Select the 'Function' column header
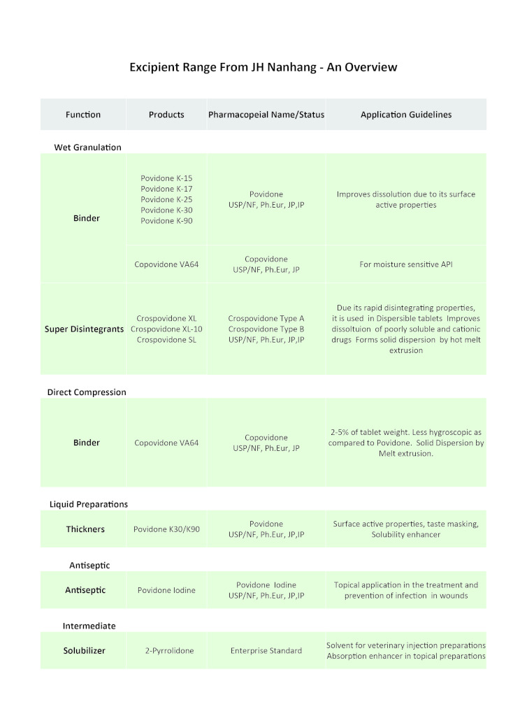pyautogui.click(x=83, y=115)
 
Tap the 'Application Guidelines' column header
pyautogui.click(x=405, y=115)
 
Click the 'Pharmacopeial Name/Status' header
pyautogui.click(x=266, y=115)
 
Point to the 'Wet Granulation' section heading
pyautogui.click(x=87, y=148)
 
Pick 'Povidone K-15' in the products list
pyautogui.click(x=166, y=178)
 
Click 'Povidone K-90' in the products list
pyautogui.click(x=166, y=221)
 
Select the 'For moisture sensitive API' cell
pyautogui.click(x=405, y=265)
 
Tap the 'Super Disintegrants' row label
pyautogui.click(x=85, y=329)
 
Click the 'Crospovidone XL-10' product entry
pyautogui.click(x=166, y=329)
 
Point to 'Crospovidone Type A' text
pyautogui.click(x=266, y=318)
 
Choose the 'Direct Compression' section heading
pyautogui.click(x=87, y=392)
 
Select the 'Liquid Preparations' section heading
pyautogui.click(x=89, y=504)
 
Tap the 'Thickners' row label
pyautogui.click(x=85, y=529)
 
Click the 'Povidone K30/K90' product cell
pyautogui.click(x=166, y=529)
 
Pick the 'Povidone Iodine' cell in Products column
pyautogui.click(x=166, y=590)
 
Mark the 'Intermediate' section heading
pyautogui.click(x=89, y=626)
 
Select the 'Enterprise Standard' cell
pyautogui.click(x=266, y=650)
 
